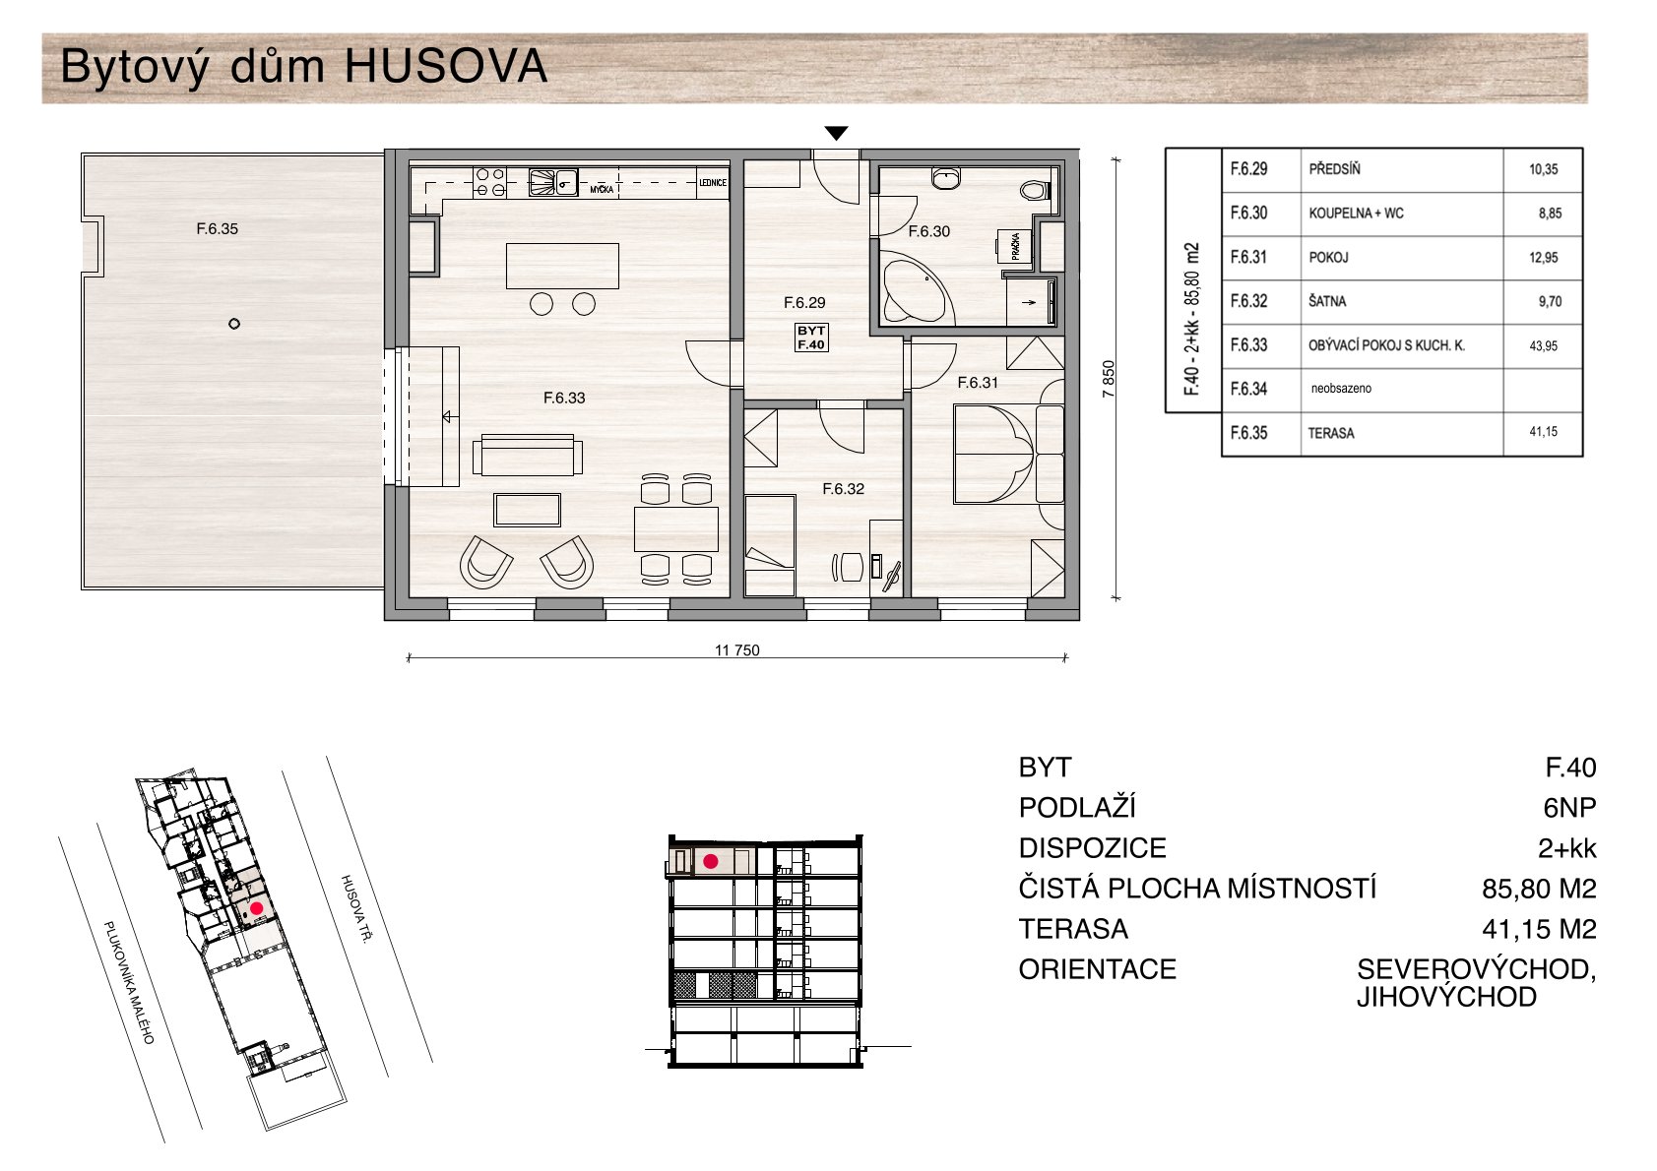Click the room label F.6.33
[x=564, y=398]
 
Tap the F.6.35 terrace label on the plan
[x=217, y=229]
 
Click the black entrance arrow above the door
[x=836, y=133]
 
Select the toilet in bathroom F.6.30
[x=1034, y=192]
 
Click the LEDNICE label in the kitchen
[x=713, y=183]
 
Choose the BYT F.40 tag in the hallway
[x=810, y=338]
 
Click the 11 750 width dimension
[x=736, y=649]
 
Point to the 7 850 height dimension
[x=1108, y=379]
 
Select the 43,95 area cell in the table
[x=1543, y=345]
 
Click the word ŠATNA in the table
[x=1327, y=302]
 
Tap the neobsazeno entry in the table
[x=1341, y=388]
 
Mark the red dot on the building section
[x=710, y=861]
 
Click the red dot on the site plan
[x=256, y=908]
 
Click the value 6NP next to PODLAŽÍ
[x=1569, y=808]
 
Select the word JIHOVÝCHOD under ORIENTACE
[x=1446, y=997]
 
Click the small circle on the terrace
[x=233, y=324]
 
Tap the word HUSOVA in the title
[x=446, y=67]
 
